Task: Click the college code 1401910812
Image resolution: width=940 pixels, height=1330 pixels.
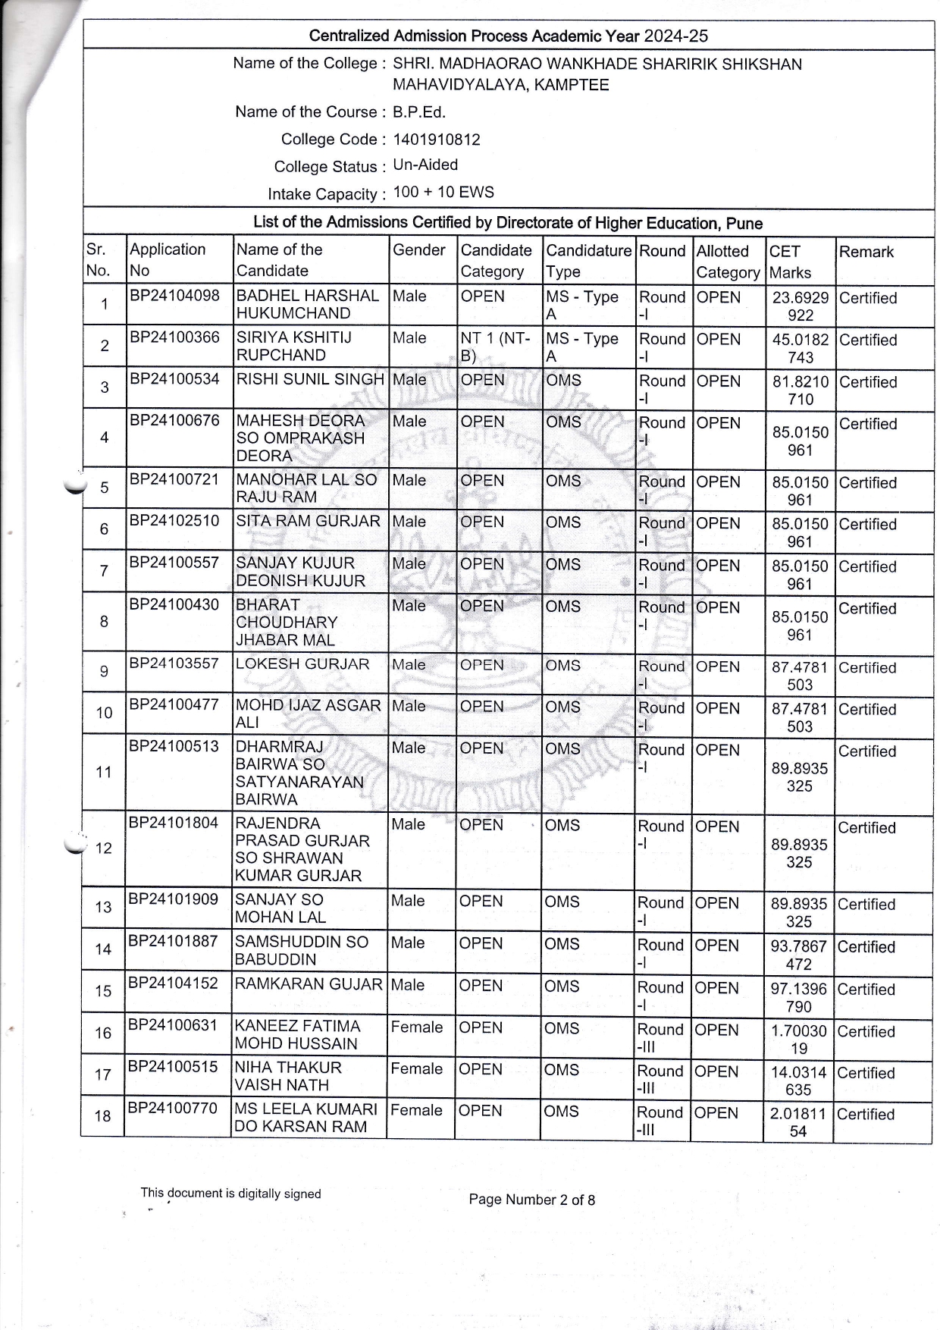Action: click(436, 140)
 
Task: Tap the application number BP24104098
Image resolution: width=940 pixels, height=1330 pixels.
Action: click(174, 296)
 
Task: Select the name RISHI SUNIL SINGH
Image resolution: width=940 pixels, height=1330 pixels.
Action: click(310, 379)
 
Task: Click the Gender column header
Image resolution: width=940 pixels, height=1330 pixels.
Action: click(418, 250)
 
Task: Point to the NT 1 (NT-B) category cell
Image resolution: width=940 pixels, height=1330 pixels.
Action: click(495, 347)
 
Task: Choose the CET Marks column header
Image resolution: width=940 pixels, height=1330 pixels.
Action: click(790, 262)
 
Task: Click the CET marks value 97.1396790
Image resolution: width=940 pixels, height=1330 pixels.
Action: click(800, 998)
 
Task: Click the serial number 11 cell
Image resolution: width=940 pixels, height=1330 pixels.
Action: click(104, 773)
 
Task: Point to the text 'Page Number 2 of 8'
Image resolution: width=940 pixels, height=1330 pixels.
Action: click(531, 1200)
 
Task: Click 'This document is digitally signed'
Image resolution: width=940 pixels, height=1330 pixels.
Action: click(230, 1193)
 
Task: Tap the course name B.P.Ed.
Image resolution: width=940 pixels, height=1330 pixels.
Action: click(418, 112)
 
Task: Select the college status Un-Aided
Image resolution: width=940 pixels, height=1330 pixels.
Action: click(425, 165)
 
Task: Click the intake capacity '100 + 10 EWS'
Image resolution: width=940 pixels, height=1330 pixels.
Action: click(443, 192)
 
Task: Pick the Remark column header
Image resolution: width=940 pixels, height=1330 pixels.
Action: click(866, 252)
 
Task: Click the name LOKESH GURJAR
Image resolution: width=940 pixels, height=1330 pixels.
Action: click(302, 664)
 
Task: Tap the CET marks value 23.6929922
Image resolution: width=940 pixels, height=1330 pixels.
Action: click(801, 306)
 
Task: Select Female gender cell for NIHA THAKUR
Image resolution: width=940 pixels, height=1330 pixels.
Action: click(417, 1069)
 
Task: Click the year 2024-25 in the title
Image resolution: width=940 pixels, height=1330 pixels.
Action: click(675, 36)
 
